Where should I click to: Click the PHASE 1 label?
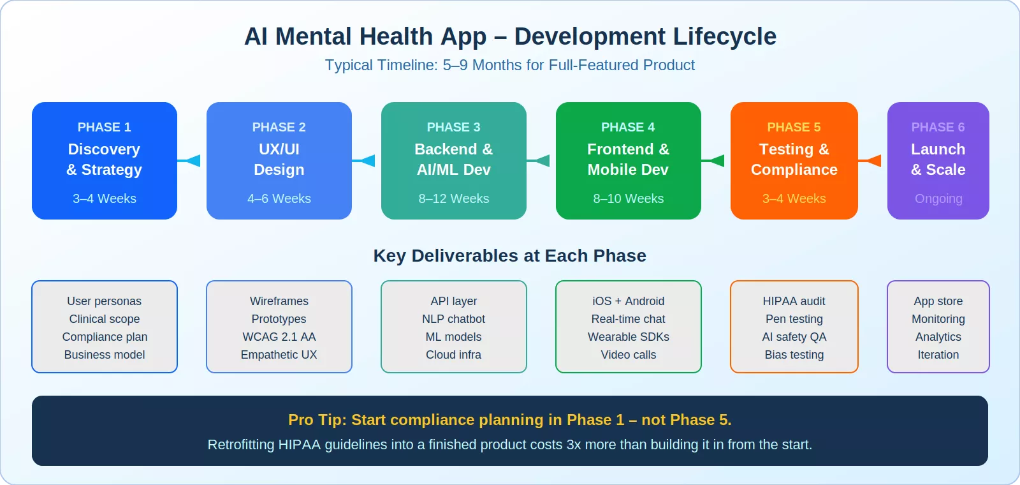(104, 127)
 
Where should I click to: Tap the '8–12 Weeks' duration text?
(453, 198)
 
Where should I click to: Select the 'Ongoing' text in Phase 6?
(938, 198)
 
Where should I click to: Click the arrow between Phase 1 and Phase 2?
(190, 161)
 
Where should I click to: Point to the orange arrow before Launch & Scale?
(871, 161)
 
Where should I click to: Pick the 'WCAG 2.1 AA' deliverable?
(279, 336)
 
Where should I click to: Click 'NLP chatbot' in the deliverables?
(453, 318)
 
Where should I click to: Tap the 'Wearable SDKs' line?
(628, 336)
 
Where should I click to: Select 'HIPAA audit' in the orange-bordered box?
(794, 301)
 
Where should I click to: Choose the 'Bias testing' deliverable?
(794, 354)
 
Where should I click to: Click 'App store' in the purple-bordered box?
(938, 301)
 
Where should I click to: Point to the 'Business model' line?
(104, 354)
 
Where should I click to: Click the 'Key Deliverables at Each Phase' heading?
(509, 256)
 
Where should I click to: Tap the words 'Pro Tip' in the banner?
(316, 420)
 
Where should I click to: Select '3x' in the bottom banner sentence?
(573, 445)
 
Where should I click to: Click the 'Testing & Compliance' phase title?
(794, 159)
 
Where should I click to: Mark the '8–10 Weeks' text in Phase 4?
(628, 198)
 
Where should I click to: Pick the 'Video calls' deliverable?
(628, 354)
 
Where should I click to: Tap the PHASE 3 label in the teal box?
(453, 127)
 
